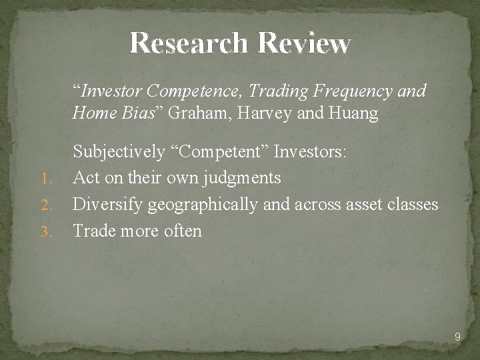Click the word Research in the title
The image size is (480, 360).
pyautogui.click(x=189, y=43)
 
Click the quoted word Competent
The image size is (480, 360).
pyautogui.click(x=216, y=153)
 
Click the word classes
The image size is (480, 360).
pyautogui.click(x=413, y=205)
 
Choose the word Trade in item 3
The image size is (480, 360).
pyautogui.click(x=93, y=231)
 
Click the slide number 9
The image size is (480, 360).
pyautogui.click(x=457, y=337)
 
